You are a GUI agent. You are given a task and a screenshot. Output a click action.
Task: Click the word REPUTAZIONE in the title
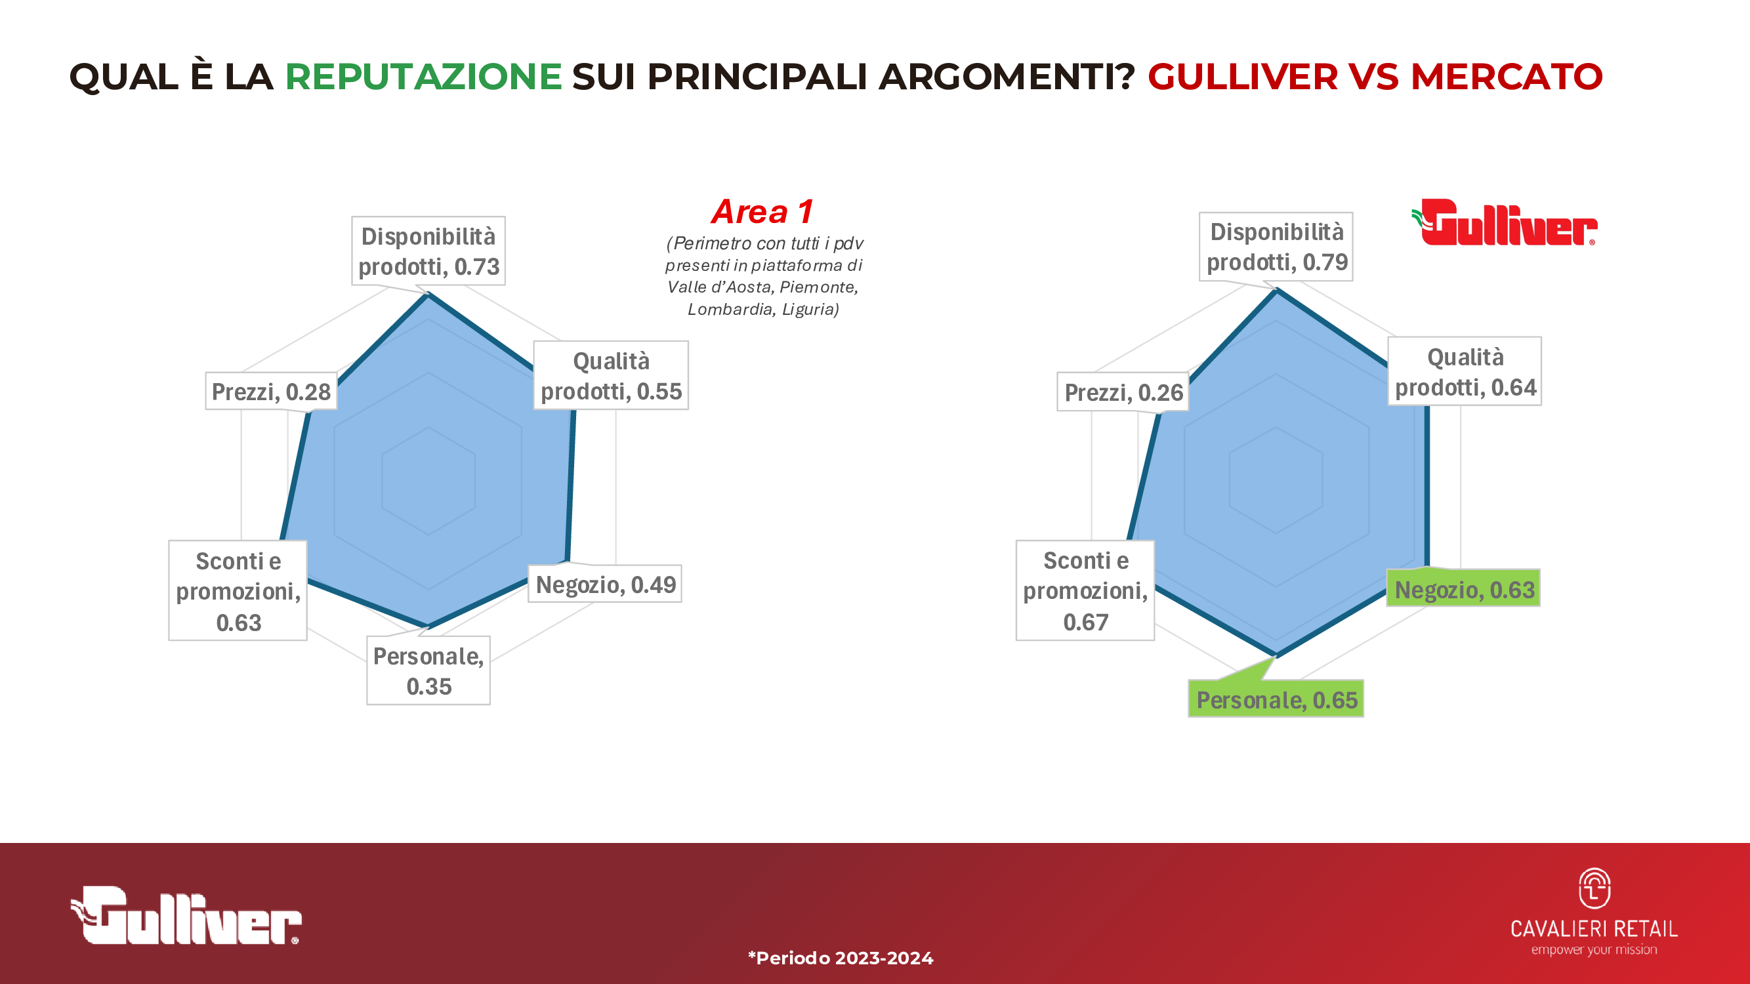(423, 76)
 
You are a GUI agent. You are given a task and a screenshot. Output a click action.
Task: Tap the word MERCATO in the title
(1507, 76)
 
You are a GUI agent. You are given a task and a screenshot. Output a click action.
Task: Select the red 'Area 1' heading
(762, 212)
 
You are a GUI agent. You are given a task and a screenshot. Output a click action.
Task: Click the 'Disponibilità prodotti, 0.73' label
(428, 251)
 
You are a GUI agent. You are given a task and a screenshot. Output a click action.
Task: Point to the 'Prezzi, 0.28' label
(271, 391)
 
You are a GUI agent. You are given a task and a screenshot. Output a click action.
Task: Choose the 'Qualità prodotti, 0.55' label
(611, 375)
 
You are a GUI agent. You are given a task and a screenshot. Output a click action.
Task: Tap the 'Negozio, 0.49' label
(605, 584)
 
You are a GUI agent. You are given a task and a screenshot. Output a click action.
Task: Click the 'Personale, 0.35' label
(428, 671)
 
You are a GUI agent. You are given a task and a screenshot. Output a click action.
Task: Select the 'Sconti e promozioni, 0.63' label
(238, 591)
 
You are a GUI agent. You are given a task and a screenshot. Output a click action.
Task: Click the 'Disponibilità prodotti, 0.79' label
(1276, 247)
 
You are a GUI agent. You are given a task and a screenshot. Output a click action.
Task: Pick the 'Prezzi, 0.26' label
(1123, 392)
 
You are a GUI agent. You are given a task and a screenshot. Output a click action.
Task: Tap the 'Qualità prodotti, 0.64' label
(1465, 371)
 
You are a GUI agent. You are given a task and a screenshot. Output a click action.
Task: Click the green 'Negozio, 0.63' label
(1464, 589)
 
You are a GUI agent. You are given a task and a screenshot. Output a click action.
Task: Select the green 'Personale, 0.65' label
(1276, 699)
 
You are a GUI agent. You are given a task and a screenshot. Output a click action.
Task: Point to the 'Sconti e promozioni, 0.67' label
(1085, 590)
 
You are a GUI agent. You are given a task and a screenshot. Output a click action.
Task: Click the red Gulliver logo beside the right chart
(1504, 222)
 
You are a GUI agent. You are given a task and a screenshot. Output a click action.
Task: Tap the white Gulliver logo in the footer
(186, 915)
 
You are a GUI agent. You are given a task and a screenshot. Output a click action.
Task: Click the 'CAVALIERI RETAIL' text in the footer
(1594, 928)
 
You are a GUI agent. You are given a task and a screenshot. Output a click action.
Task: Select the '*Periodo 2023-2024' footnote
(841, 958)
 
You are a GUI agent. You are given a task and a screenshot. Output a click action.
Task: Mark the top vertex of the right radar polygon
(1277, 291)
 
